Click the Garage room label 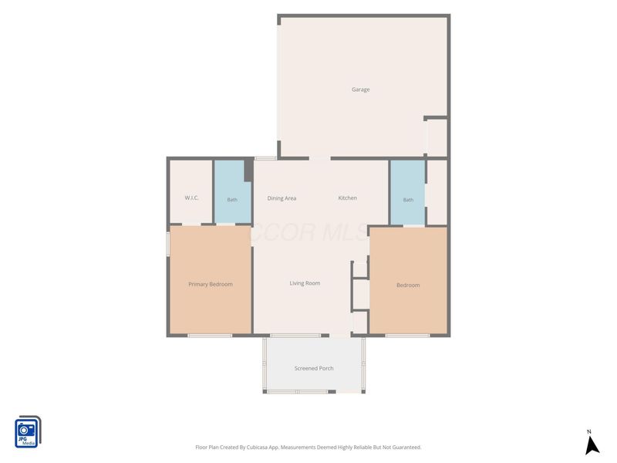click(x=360, y=90)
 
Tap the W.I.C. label click(x=191, y=198)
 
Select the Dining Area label click(x=282, y=198)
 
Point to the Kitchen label click(x=348, y=198)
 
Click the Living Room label click(x=305, y=283)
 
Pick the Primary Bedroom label click(x=211, y=284)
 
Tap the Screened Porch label click(x=314, y=368)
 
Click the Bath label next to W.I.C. click(x=232, y=200)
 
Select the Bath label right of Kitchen click(x=408, y=200)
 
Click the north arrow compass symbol click(x=592, y=446)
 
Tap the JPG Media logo click(x=28, y=431)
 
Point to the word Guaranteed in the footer click(x=408, y=448)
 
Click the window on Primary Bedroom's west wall click(x=168, y=244)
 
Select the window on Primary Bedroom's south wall click(x=210, y=336)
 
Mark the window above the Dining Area click(x=265, y=158)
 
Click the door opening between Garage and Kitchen click(x=319, y=158)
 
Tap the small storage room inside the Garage click(x=437, y=138)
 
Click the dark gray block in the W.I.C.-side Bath click(x=248, y=171)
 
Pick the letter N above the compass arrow click(x=589, y=432)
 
